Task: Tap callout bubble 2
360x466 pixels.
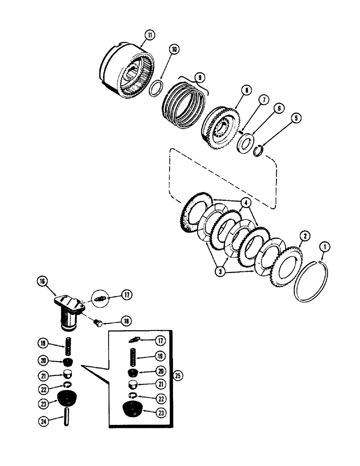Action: tap(304, 236)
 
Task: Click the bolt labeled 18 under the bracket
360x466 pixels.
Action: tap(98, 322)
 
